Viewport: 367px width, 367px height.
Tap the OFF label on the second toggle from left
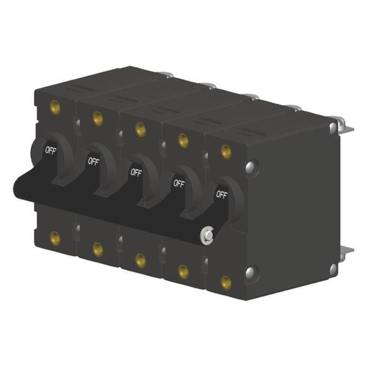point(93,161)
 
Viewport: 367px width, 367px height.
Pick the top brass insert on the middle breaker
point(140,128)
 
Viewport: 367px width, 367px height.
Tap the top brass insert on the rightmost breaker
point(226,150)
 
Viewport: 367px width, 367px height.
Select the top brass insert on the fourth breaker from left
point(183,140)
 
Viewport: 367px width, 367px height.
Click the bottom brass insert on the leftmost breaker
point(55,238)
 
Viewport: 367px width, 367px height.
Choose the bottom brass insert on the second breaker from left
point(97,249)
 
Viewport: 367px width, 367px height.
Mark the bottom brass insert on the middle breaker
point(140,260)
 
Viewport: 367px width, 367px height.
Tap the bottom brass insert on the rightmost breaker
point(226,282)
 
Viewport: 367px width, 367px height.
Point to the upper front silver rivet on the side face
point(250,166)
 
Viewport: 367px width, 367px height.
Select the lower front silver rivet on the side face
point(250,272)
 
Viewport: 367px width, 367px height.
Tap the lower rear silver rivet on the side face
point(333,268)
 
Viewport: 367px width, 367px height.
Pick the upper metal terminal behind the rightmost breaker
point(345,126)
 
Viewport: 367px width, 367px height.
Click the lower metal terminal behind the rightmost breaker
point(346,251)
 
